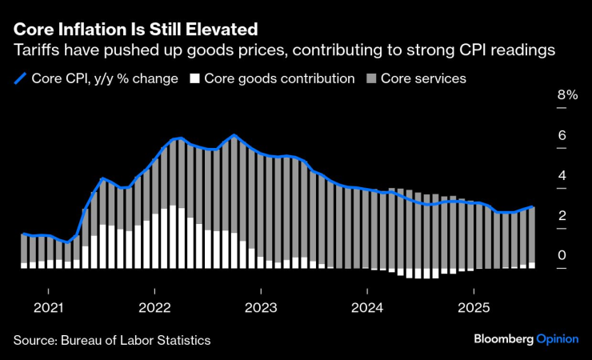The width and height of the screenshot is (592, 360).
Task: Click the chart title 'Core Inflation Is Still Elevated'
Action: click(x=135, y=30)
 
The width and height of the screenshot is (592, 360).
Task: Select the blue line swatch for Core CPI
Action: click(x=20, y=78)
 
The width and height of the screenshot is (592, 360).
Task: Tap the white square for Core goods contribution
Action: click(x=194, y=78)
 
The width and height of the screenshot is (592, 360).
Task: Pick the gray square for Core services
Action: click(x=370, y=78)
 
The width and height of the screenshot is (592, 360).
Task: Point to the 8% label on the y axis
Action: click(x=567, y=95)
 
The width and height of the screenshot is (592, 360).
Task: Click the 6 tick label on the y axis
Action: click(x=562, y=135)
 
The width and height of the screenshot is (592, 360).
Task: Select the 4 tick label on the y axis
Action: click(x=562, y=175)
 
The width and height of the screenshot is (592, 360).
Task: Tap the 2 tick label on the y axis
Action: click(x=562, y=215)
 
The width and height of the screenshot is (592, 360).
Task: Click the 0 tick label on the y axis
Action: click(x=562, y=255)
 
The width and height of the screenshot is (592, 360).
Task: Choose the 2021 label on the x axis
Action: click(x=49, y=307)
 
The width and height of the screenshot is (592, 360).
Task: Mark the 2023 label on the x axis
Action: click(x=261, y=307)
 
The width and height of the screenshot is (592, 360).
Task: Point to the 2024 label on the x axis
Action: click(x=367, y=307)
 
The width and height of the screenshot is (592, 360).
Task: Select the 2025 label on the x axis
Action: click(x=474, y=307)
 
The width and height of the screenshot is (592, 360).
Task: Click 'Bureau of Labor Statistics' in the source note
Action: click(x=136, y=340)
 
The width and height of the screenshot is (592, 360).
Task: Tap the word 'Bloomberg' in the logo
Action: click(x=503, y=339)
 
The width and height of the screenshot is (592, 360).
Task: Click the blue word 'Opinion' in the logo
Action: click(x=558, y=339)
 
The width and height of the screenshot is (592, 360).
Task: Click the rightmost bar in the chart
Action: click(x=532, y=237)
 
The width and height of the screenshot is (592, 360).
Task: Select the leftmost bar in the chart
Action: click(x=23, y=250)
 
